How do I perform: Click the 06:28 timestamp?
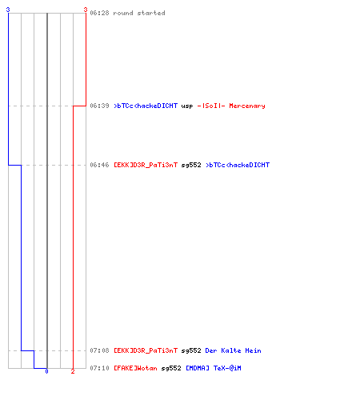pyautogui.click(x=99, y=13)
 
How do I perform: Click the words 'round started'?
pyautogui.click(x=139, y=13)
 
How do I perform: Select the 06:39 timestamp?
pyautogui.click(x=99, y=106)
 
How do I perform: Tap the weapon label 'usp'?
pyautogui.click(x=187, y=106)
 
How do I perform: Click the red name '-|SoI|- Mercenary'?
pyautogui.click(x=231, y=106)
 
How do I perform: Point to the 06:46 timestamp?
pyautogui.click(x=99, y=165)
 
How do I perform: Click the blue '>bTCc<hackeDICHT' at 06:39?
pyautogui.click(x=146, y=106)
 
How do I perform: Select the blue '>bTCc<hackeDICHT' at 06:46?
pyautogui.click(x=238, y=165)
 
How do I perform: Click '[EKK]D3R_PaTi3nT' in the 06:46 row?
pyautogui.click(x=146, y=165)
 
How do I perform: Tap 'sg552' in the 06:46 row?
pyautogui.click(x=191, y=165)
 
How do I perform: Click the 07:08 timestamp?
pyautogui.click(x=99, y=350)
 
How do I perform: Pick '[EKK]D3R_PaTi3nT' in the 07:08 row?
pyautogui.click(x=146, y=350)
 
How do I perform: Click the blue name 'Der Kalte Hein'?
pyautogui.click(x=233, y=350)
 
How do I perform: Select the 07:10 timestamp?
pyautogui.click(x=99, y=368)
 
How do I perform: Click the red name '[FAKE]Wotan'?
pyautogui.click(x=135, y=368)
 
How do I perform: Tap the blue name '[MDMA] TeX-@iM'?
pyautogui.click(x=214, y=368)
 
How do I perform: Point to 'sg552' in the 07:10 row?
pyautogui.click(x=171, y=368)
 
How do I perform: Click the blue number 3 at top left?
pyautogui.click(x=8, y=10)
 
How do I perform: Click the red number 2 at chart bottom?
pyautogui.click(x=73, y=371)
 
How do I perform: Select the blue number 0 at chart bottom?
pyautogui.click(x=46, y=371)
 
